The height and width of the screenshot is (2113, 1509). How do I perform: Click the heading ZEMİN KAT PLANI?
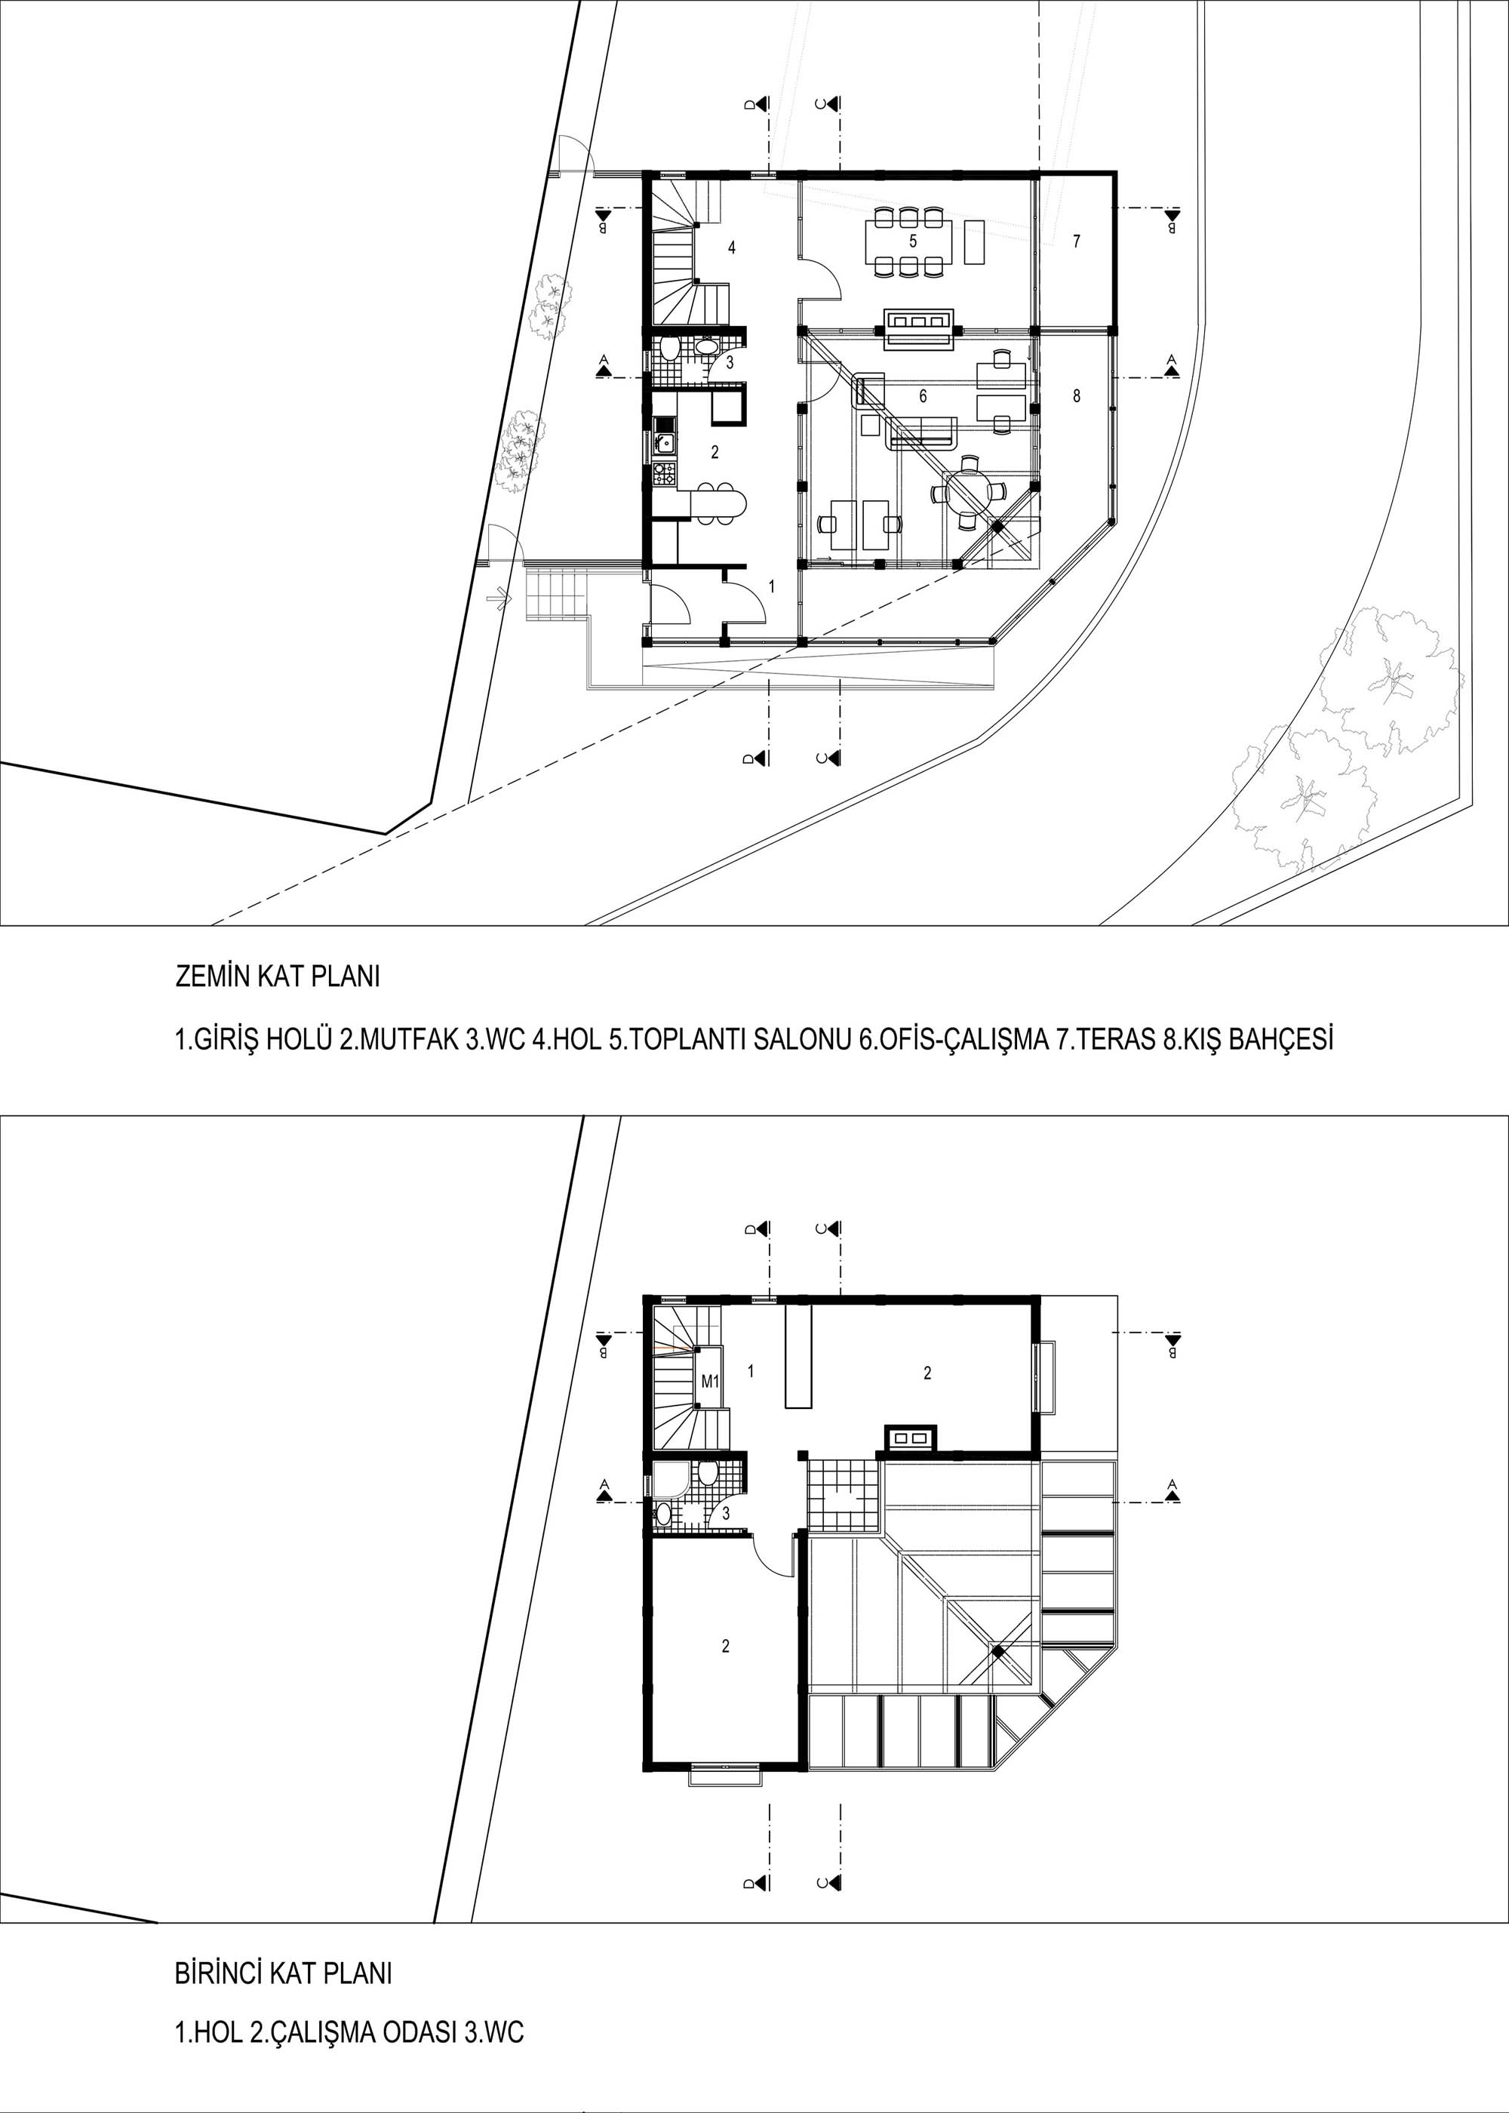point(278,979)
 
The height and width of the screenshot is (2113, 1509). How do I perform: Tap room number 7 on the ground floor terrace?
point(1076,241)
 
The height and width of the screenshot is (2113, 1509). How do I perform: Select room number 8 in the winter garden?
point(1076,396)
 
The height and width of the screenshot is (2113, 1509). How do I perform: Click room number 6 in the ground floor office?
point(923,396)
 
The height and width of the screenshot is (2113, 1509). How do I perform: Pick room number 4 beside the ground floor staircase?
point(732,248)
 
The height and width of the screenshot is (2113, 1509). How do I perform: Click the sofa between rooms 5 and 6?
point(918,329)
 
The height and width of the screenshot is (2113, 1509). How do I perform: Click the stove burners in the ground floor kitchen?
point(665,478)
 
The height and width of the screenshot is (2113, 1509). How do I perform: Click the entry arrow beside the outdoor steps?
point(502,599)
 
